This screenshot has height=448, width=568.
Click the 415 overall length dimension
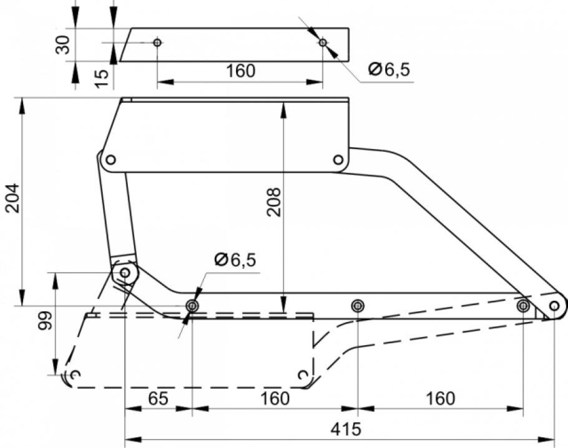coord(346,430)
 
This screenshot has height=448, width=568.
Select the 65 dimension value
coord(159,399)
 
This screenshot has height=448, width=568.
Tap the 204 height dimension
coord(13,198)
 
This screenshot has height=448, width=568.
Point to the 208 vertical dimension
coord(274,202)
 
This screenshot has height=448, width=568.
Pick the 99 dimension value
coord(46,321)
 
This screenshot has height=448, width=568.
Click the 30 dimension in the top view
coord(63,44)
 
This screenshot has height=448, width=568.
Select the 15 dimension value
coord(102,78)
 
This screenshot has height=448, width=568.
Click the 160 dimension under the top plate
coord(240,71)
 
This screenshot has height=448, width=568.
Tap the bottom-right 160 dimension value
coord(440,399)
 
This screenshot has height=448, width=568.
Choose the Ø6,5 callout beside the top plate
coord(389,69)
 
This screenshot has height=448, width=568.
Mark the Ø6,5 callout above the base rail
coord(235,260)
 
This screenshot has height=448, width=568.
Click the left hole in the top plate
coord(157,42)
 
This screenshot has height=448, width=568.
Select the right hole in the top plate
coord(323,42)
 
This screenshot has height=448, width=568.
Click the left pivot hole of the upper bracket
coord(111,159)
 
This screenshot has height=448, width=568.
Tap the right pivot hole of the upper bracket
coord(338,159)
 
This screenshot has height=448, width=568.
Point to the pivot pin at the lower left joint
coord(125,272)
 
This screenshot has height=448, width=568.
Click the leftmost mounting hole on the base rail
coord(192,306)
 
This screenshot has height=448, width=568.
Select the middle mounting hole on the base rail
coord(358,306)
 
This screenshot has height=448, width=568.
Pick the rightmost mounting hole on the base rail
coord(523,306)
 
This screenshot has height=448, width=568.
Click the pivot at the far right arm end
coord(554,306)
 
